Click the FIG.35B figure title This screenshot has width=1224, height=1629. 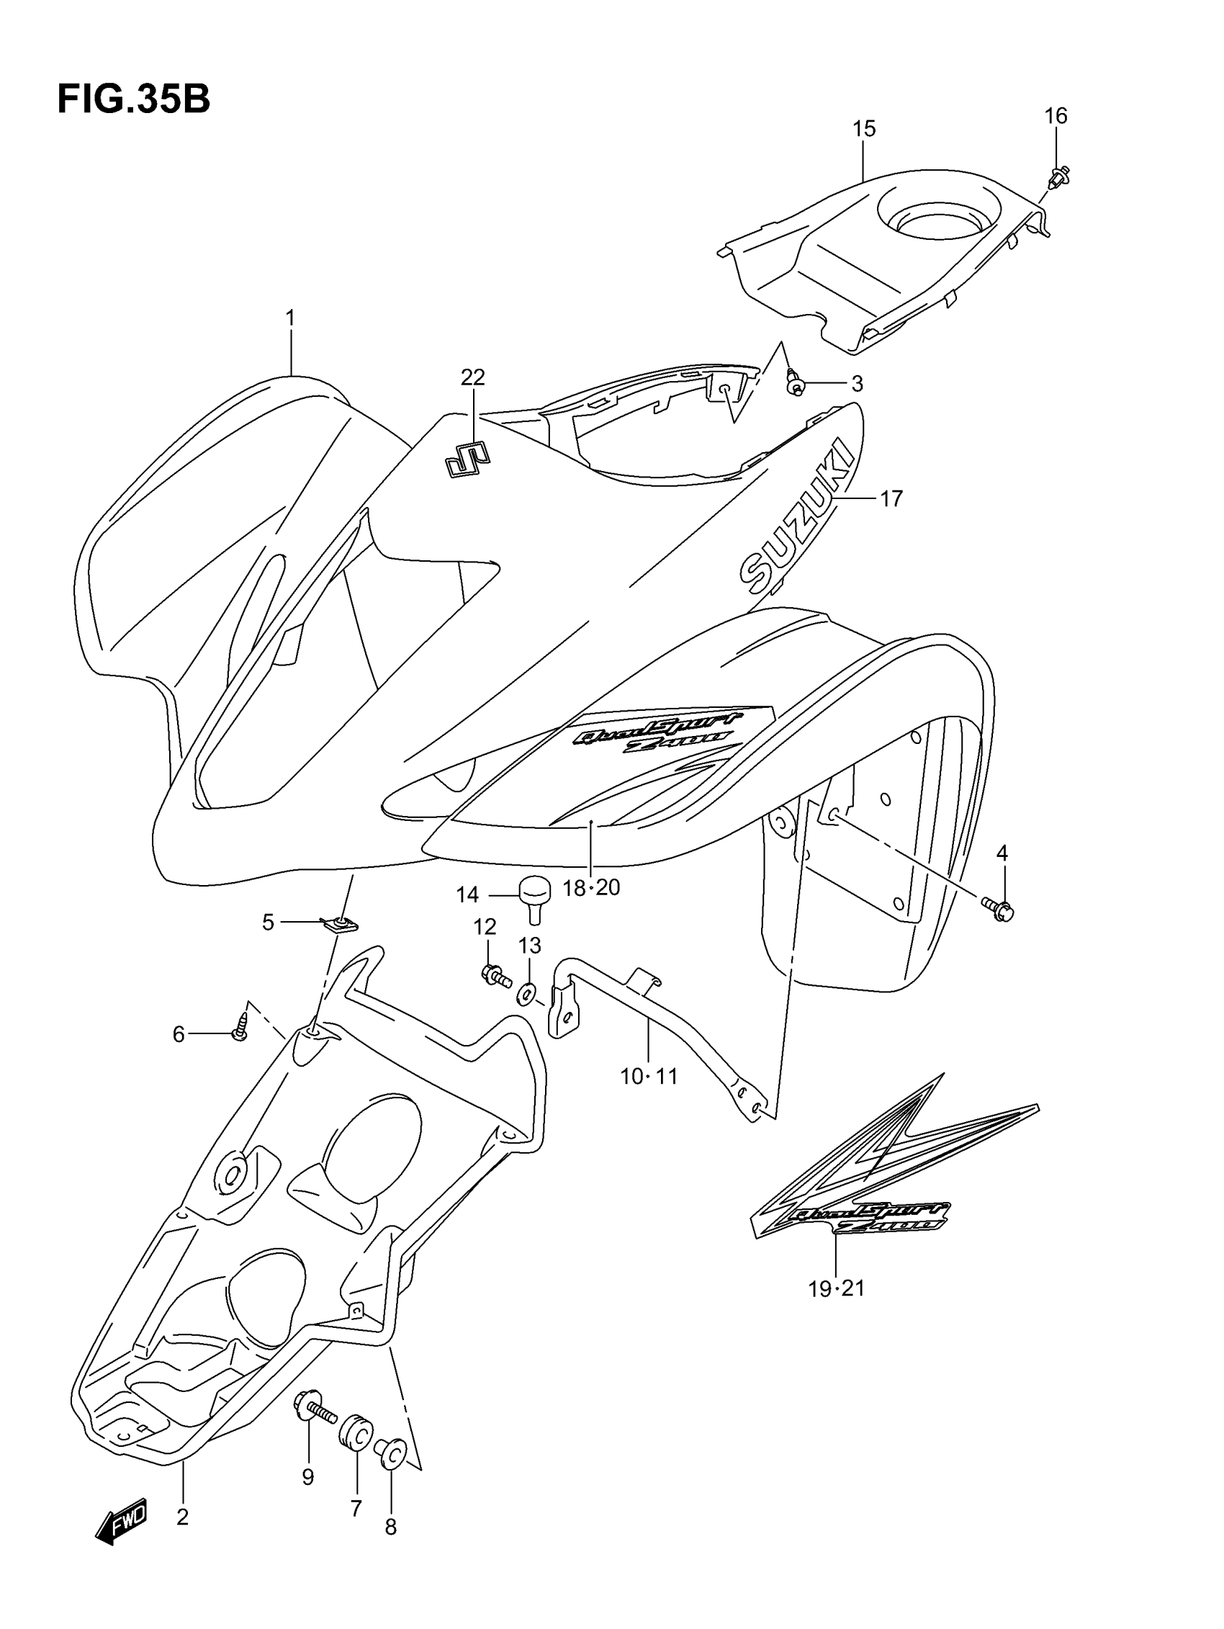click(133, 100)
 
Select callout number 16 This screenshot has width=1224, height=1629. click(1056, 116)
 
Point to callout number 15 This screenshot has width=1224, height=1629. click(864, 129)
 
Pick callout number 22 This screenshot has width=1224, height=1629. click(473, 377)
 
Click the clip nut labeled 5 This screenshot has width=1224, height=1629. click(340, 923)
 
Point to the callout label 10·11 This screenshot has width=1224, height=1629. click(648, 1077)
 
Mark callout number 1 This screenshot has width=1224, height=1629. click(290, 318)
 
